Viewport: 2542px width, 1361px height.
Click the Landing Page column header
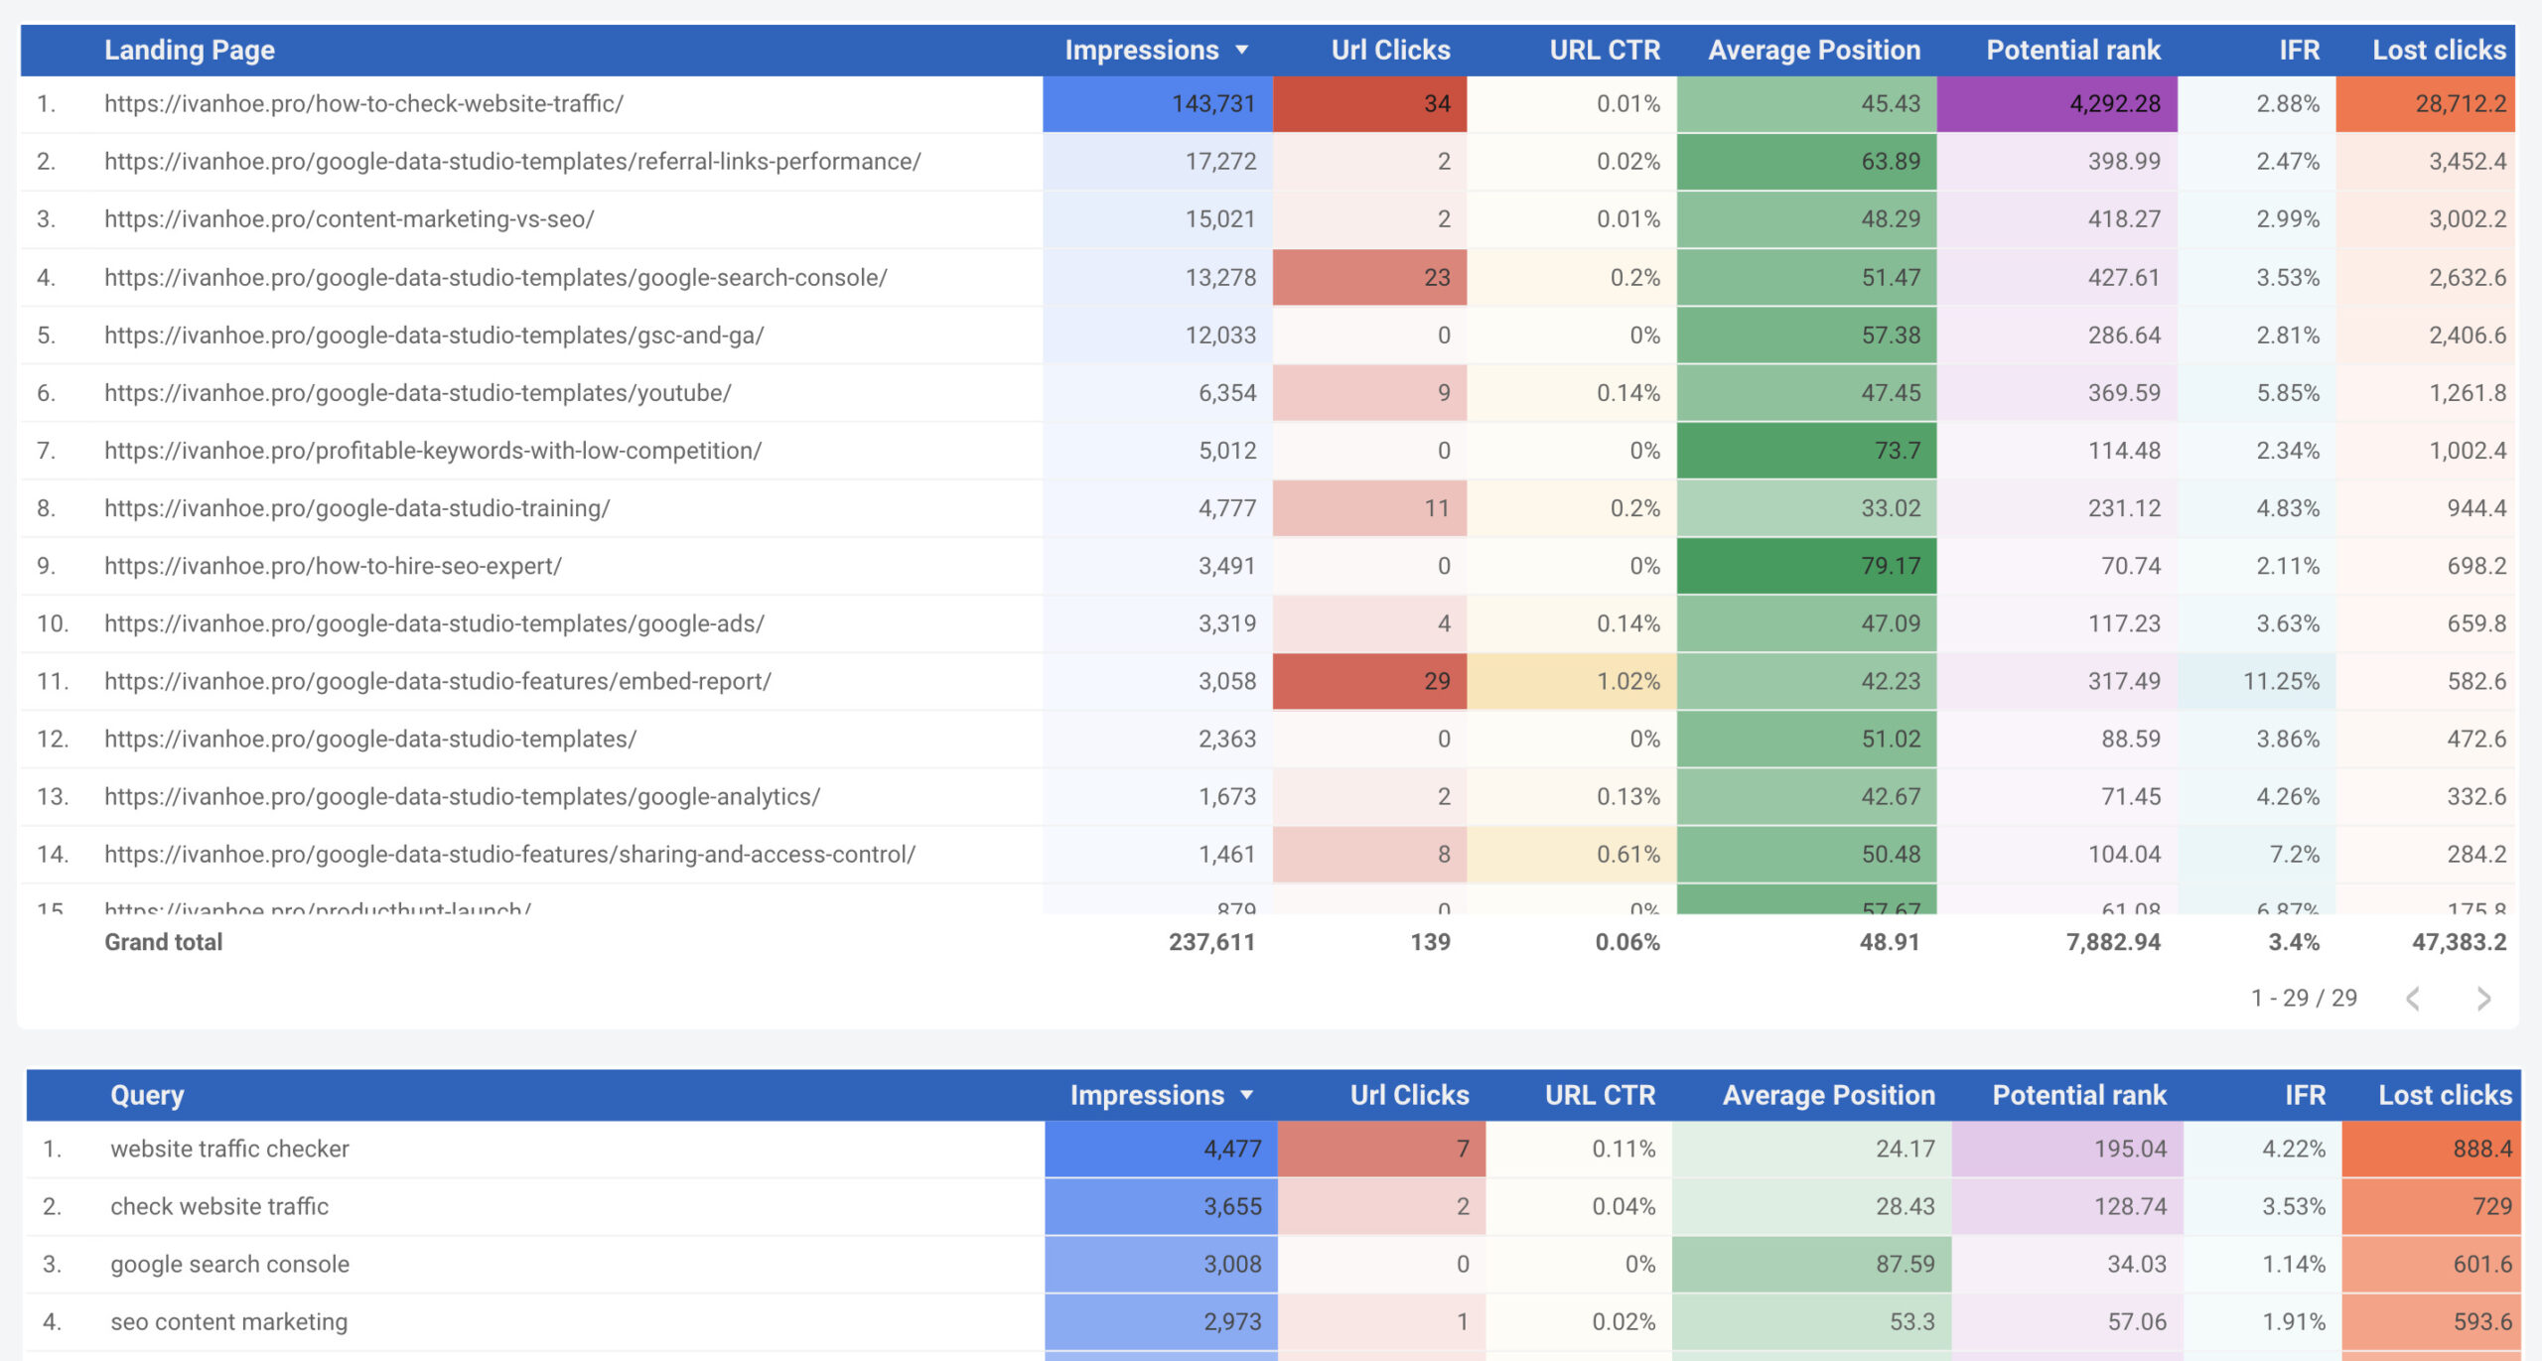[x=189, y=50]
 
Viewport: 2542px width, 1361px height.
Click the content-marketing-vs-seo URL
[x=349, y=218]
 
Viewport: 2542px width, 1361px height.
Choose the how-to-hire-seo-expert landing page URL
[x=333, y=566]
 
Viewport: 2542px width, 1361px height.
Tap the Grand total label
[x=163, y=942]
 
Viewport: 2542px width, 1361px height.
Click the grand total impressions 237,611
[x=1211, y=942]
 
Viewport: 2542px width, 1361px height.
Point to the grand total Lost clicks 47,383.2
[x=2459, y=942]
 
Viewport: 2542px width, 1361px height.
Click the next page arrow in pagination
[x=2482, y=999]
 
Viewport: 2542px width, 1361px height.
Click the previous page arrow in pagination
[x=2413, y=999]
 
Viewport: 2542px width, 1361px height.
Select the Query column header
[x=147, y=1095]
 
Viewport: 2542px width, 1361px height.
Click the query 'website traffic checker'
[x=229, y=1149]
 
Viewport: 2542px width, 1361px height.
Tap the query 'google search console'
[x=229, y=1264]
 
